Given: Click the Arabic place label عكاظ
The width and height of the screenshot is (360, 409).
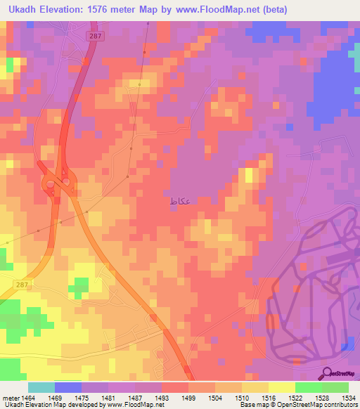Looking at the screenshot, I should pyautogui.click(x=179, y=201).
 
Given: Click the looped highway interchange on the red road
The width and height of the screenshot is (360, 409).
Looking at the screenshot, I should pyautogui.click(x=58, y=185).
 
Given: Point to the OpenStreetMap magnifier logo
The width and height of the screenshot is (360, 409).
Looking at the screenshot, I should pyautogui.click(x=328, y=373).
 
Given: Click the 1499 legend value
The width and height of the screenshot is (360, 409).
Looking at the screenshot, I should pyautogui.click(x=179, y=398).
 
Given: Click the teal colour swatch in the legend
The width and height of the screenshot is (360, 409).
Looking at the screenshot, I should pyautogui.click(x=41, y=387).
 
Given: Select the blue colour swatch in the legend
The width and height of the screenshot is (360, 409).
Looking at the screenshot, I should pyautogui.click(x=68, y=387).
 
